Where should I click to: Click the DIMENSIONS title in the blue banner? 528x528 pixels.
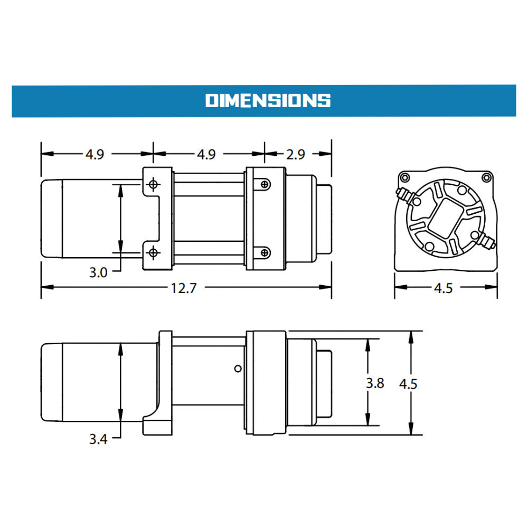click(x=268, y=101)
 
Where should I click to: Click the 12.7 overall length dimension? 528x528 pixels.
click(x=184, y=288)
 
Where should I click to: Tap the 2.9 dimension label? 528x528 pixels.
click(x=296, y=154)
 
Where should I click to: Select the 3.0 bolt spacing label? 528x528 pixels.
click(x=98, y=272)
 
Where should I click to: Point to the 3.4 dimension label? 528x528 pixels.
click(x=98, y=439)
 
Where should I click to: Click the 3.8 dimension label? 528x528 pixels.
click(x=375, y=383)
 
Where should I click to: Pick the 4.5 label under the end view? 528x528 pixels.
click(x=443, y=288)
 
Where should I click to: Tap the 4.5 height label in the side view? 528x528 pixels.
click(x=408, y=384)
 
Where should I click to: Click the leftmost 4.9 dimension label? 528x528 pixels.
click(x=95, y=154)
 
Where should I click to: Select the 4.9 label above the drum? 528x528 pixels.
click(x=206, y=154)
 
